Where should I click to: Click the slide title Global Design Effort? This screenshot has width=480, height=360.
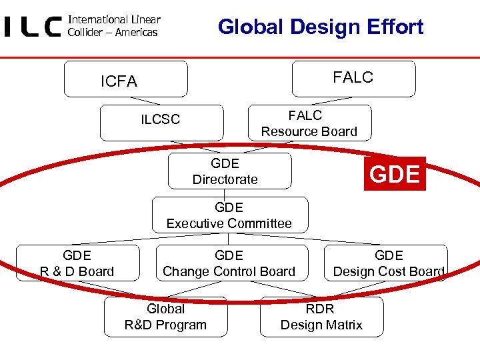pos(321,27)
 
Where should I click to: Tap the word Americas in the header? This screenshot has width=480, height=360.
pos(135,32)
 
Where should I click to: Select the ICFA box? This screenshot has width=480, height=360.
pos(125,80)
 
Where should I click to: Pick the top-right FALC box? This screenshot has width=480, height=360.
pos(353,78)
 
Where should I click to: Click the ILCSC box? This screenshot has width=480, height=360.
pos(161,121)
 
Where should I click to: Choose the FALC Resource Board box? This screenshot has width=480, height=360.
pos(309,123)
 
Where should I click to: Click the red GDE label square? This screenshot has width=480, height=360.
pos(395,174)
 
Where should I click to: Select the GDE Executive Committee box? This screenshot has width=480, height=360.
pos(229,215)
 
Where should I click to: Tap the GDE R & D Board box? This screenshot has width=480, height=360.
pos(77,263)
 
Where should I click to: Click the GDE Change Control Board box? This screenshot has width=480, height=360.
pos(229,263)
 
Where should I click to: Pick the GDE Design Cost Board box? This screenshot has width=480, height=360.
pos(388,263)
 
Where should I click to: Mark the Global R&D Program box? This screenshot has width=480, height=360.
pos(165,317)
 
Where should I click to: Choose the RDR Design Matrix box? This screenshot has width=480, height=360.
pos(321,317)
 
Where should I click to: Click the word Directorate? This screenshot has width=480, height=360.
pos(225,179)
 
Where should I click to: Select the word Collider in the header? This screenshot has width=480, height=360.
pos(85,32)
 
